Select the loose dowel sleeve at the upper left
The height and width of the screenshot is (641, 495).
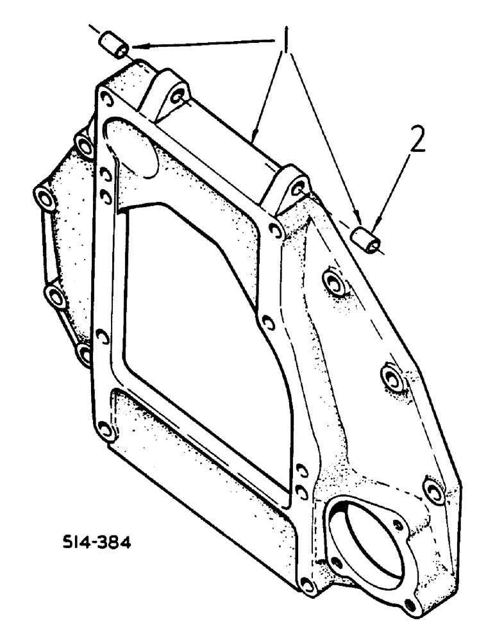tap(113, 46)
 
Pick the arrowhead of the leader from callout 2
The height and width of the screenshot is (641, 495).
tap(374, 226)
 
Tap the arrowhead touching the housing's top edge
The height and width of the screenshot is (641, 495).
tap(255, 138)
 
